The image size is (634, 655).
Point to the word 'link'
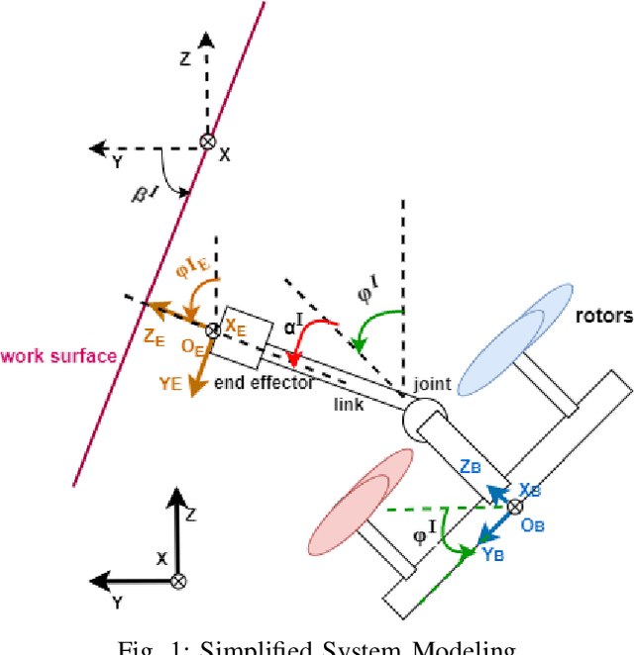click(350, 405)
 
